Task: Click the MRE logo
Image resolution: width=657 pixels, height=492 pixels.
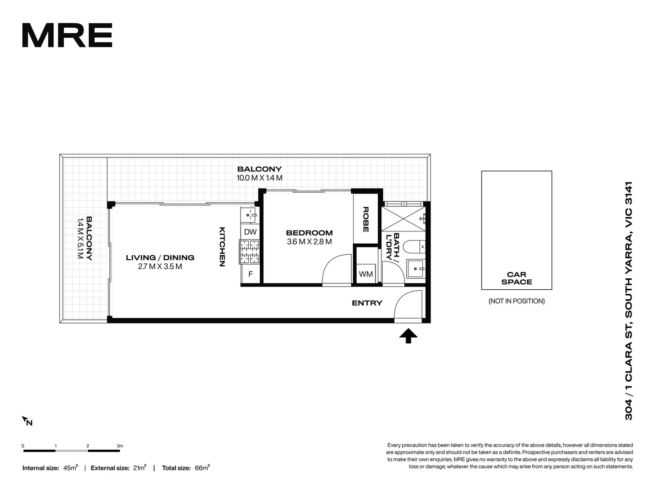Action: point(67,36)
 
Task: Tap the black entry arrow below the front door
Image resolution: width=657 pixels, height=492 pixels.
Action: point(408,336)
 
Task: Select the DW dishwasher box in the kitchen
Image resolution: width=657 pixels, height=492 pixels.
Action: point(250,232)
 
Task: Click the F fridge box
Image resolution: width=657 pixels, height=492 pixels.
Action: point(250,274)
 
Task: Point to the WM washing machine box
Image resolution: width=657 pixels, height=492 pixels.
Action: point(366,274)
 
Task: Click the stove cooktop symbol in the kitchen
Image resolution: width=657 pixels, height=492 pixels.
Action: point(249,252)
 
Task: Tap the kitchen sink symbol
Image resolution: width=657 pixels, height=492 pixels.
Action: point(249,214)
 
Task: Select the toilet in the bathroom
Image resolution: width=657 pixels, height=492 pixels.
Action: point(416,246)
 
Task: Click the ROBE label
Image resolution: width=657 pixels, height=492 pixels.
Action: point(365,220)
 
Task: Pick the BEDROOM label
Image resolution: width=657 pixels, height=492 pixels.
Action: point(309,233)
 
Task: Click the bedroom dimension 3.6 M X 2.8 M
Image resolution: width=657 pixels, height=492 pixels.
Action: point(309,242)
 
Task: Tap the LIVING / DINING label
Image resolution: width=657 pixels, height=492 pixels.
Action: point(160,258)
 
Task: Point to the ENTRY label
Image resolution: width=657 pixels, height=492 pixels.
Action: point(367,303)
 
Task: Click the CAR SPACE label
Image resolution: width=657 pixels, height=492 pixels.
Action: point(516,278)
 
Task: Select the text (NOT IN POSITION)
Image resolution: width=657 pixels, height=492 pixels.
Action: point(516,301)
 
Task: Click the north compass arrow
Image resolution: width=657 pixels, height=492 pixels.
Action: point(26,421)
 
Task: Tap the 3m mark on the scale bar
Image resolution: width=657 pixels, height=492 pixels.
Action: point(120,446)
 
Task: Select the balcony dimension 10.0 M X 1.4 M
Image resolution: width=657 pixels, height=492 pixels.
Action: point(259,178)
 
